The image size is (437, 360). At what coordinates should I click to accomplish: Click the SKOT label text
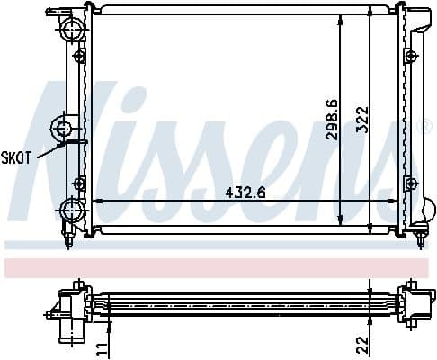[17, 157]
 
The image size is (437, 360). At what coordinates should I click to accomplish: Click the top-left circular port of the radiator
[71, 32]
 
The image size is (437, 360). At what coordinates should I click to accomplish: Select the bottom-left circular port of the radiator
[71, 211]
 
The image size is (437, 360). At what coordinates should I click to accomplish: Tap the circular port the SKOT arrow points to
[66, 128]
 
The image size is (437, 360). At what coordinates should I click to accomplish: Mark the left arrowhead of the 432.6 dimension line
[96, 201]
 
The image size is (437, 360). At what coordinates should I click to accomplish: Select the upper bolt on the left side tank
[80, 57]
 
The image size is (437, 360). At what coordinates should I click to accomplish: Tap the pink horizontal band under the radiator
[218, 267]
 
